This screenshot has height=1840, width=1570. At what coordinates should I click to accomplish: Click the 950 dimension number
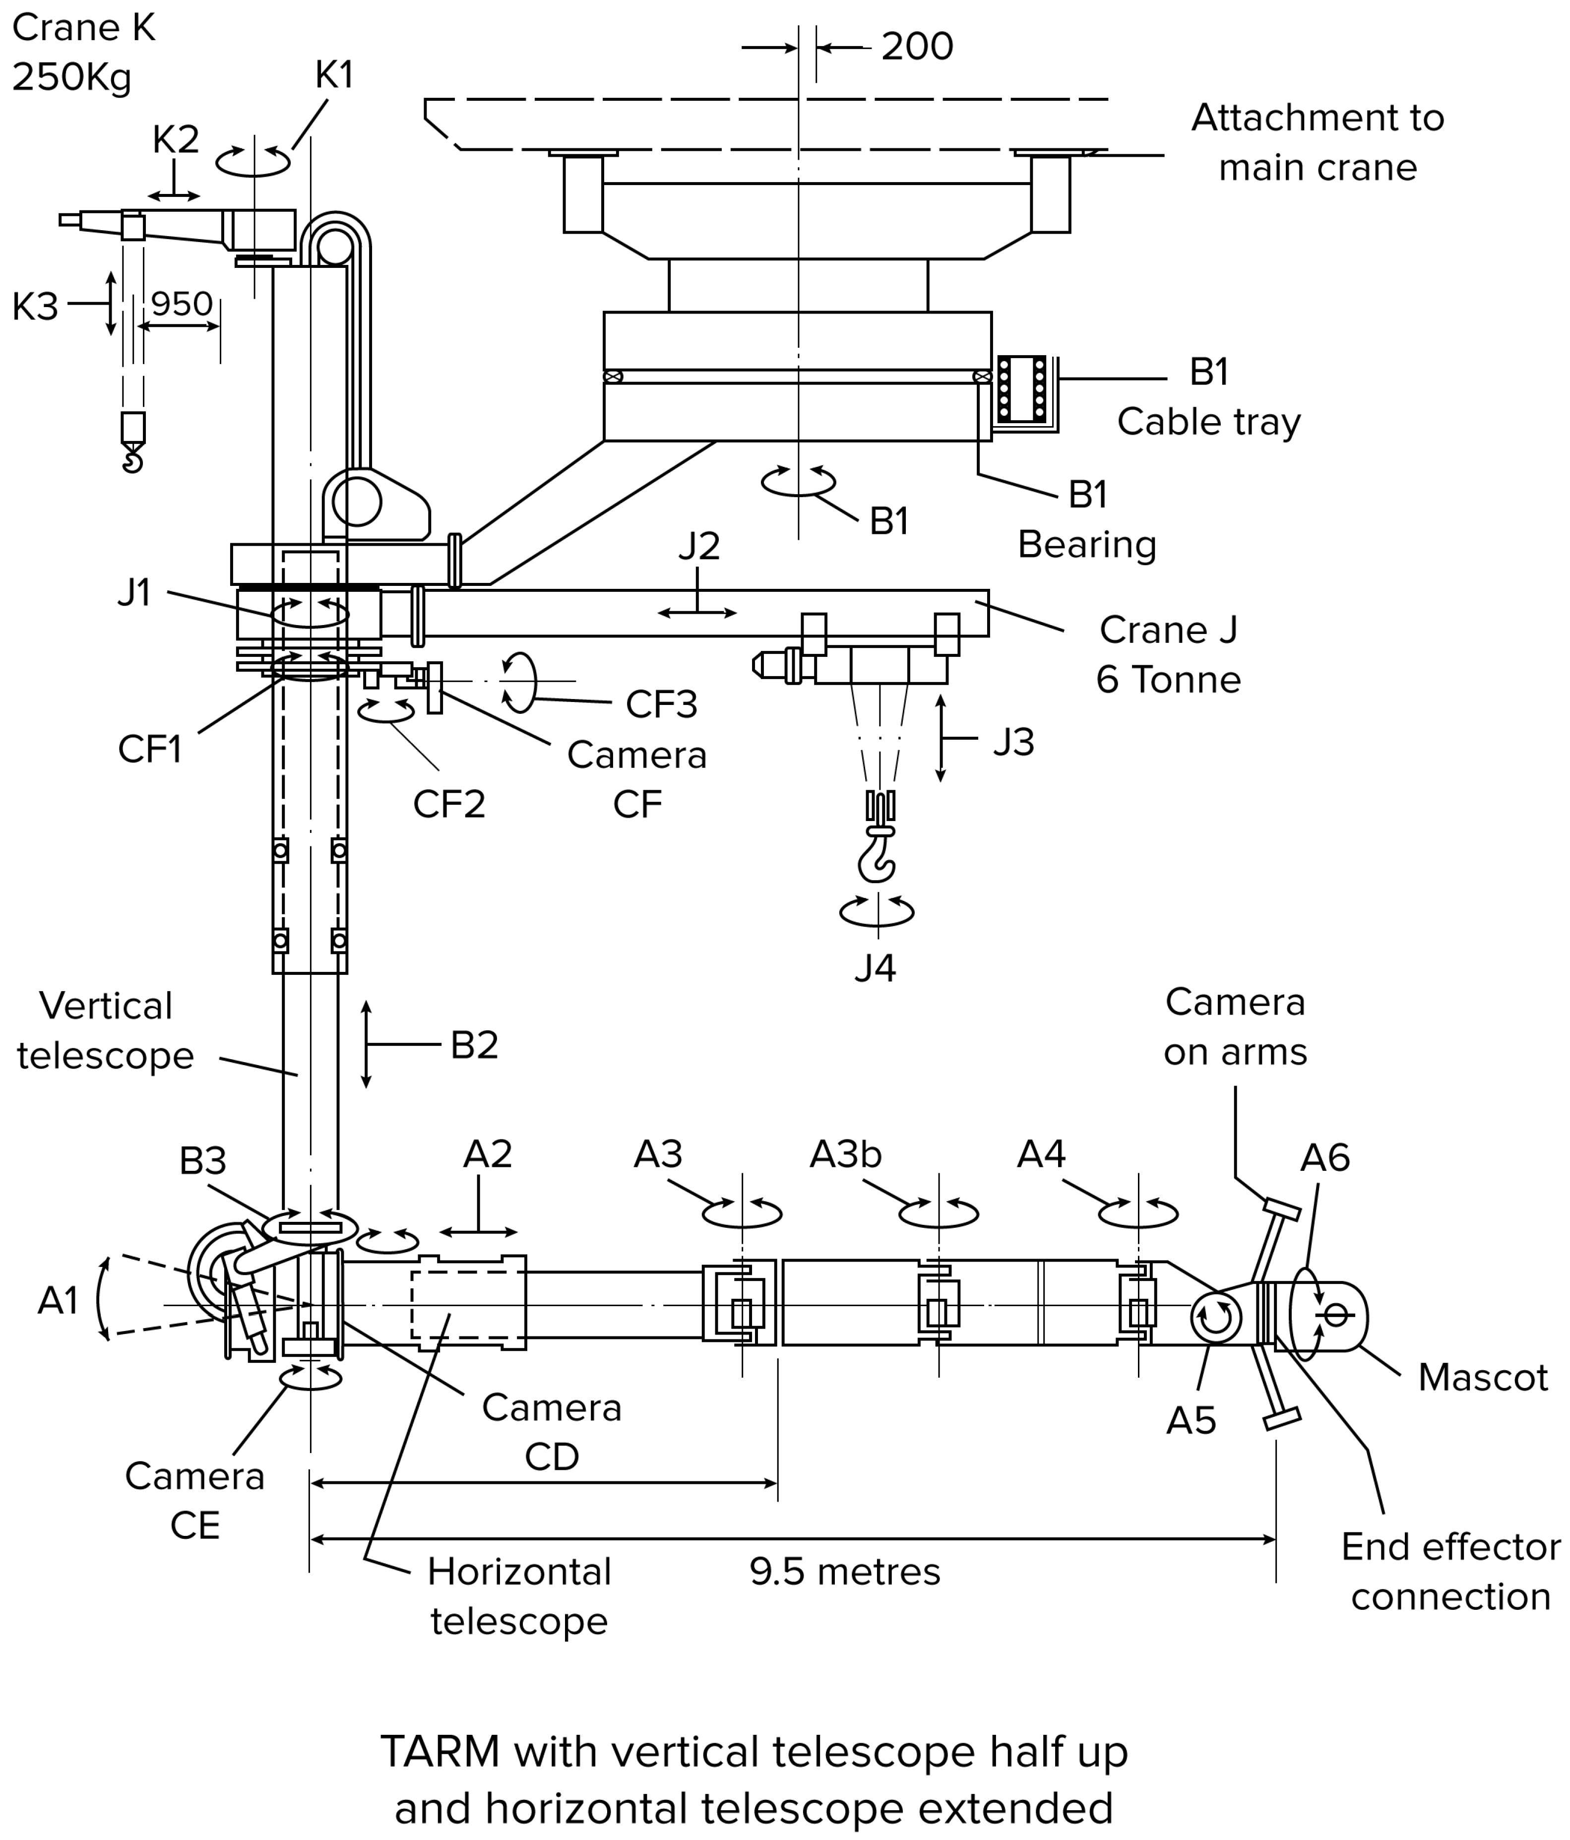click(181, 305)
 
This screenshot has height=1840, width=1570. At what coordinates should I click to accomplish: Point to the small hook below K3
click(132, 460)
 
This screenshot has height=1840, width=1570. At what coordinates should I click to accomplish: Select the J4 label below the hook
click(876, 968)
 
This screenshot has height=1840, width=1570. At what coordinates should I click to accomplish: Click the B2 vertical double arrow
click(366, 1044)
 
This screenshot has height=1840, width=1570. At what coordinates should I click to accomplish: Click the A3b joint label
click(845, 1154)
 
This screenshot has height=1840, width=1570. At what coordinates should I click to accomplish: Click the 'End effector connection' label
click(1450, 1572)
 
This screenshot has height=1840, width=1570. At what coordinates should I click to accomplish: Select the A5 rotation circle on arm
click(1215, 1318)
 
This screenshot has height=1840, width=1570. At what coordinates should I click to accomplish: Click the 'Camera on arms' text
click(1235, 1026)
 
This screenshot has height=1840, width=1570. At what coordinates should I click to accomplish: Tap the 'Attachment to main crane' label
click(1317, 142)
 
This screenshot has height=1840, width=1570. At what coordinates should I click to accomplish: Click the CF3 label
click(661, 704)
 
